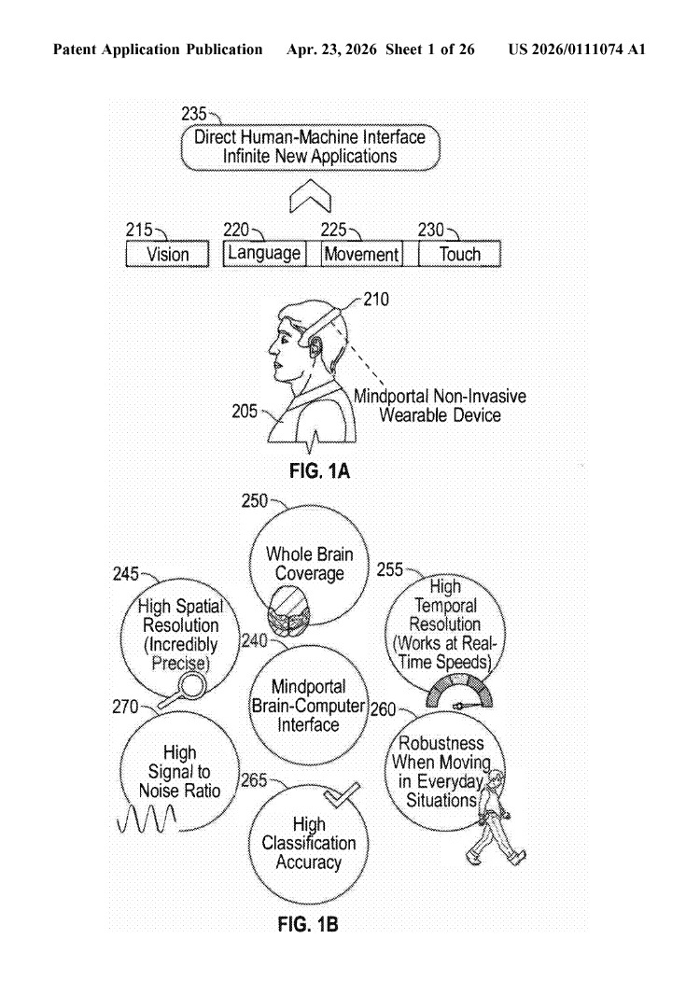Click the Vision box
[168, 254]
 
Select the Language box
[264, 253]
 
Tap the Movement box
[361, 254]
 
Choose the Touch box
[459, 254]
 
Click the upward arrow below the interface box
[310, 196]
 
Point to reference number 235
[194, 114]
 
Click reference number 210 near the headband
[376, 299]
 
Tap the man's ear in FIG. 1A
[315, 344]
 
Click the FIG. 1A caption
[319, 470]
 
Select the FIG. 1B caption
[308, 923]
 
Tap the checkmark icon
[342, 794]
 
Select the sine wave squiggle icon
[147, 819]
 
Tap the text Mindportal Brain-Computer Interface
[308, 706]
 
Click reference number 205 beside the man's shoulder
[245, 411]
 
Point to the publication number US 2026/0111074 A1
[577, 49]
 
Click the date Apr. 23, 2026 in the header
[331, 49]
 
